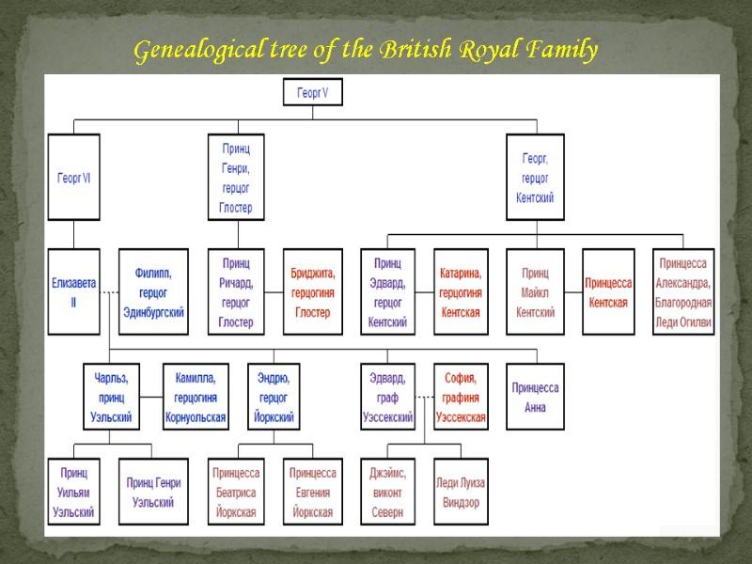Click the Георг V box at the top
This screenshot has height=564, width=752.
click(313, 92)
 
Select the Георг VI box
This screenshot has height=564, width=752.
click(73, 177)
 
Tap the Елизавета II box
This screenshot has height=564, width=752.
click(73, 290)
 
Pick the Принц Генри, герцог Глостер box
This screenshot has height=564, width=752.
click(236, 177)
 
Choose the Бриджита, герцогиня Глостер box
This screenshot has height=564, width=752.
click(313, 290)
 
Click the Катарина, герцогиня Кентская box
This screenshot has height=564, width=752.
click(461, 290)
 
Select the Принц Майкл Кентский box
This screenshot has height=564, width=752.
click(535, 290)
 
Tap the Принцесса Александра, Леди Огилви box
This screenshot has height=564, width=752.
click(683, 290)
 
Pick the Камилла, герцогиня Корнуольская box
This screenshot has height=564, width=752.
click(196, 396)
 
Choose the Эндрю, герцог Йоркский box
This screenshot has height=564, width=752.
click(275, 396)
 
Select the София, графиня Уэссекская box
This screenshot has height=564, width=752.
click(461, 396)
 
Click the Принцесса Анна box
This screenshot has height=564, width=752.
click(535, 396)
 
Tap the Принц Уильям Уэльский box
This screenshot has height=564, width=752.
click(73, 490)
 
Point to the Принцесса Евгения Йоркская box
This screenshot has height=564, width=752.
click(313, 490)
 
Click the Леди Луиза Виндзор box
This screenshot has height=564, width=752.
click(461, 490)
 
